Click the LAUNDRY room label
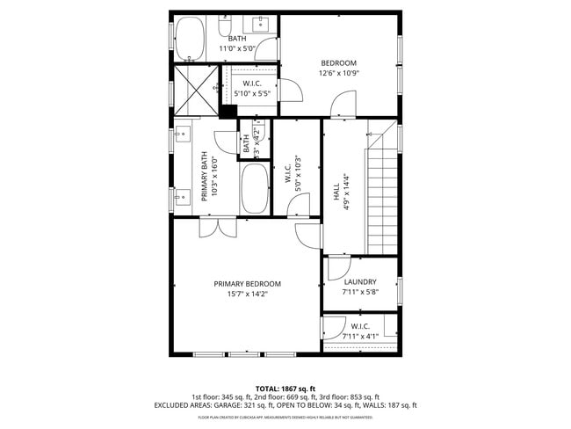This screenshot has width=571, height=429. coord(360,282)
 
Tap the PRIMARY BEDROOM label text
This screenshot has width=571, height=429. coord(247,284)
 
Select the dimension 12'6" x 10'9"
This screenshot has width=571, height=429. coord(338,74)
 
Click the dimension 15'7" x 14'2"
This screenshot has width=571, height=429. coord(247,294)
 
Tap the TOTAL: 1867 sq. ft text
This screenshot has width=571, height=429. coord(285,388)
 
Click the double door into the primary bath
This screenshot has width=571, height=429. coord(216,228)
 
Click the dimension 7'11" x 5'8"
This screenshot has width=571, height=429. coord(360,293)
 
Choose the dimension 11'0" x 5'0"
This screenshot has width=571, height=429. coord(237,49)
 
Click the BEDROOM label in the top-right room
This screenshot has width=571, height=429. coord(338,63)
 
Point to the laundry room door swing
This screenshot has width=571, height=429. coord(337,266)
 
